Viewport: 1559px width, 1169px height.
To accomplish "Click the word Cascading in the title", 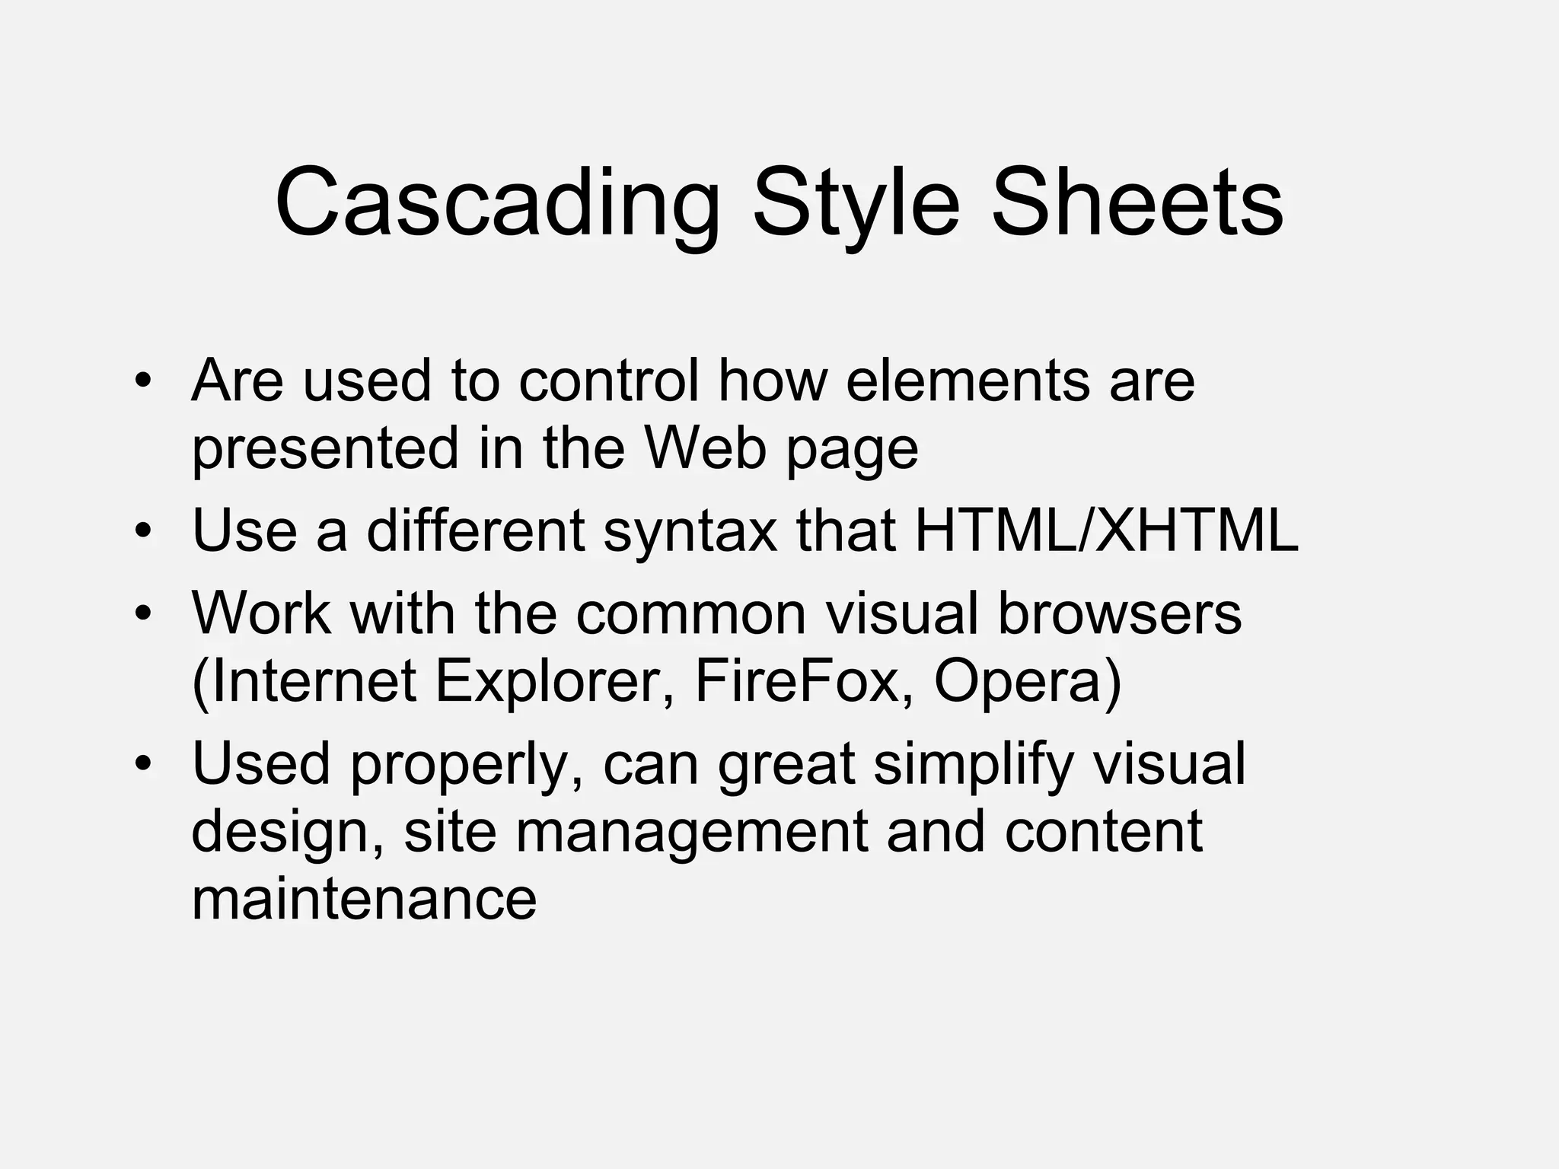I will (x=497, y=204).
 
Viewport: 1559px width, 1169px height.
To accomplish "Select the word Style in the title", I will (x=856, y=204).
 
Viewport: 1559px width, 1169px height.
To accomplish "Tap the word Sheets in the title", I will (x=1137, y=204).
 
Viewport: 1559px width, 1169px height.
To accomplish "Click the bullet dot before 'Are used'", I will (x=142, y=380).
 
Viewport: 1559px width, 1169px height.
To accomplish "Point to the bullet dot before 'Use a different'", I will (x=142, y=530).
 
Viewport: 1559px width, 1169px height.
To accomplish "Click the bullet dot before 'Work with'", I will (x=142, y=613).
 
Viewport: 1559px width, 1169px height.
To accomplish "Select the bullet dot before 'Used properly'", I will (x=142, y=763).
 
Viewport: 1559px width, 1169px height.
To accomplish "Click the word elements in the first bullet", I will (x=967, y=380).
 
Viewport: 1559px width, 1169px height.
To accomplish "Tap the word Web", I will (x=705, y=448).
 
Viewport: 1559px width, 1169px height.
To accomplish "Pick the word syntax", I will (x=690, y=530).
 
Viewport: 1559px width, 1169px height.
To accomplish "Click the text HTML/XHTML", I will (x=1106, y=530).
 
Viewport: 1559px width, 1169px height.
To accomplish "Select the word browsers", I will (x=1119, y=613).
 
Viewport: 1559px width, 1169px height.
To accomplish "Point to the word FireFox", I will (x=796, y=681).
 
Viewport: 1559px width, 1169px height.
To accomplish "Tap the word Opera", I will (x=1027, y=681).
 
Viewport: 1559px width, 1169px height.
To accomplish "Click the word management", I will (x=691, y=831).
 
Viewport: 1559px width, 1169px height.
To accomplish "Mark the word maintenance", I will (x=364, y=899).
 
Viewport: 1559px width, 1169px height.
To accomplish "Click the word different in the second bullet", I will (x=476, y=530).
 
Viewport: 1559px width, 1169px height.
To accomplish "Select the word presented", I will (x=325, y=448).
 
